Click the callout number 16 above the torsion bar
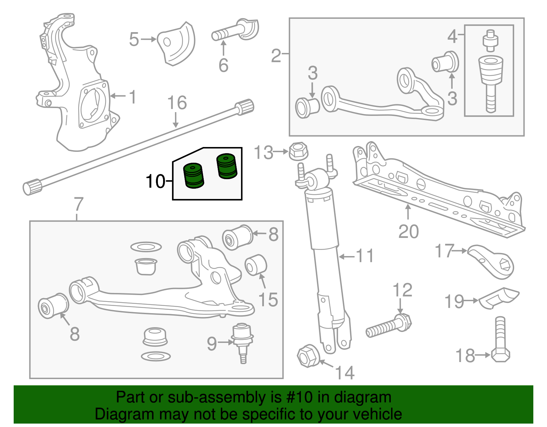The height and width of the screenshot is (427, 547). pos(177,103)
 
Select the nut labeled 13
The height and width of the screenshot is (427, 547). pos(298,151)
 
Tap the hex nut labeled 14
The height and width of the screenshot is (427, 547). pos(308,356)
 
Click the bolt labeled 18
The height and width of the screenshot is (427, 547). pos(500,342)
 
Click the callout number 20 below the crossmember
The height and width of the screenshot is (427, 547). pos(408,232)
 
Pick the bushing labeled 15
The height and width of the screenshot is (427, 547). pos(256,265)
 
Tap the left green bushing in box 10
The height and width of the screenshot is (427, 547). pos(194,176)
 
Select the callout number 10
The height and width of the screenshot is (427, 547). pos(155,181)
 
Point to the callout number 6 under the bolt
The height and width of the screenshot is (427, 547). pos(223,65)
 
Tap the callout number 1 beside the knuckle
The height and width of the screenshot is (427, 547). pos(133,97)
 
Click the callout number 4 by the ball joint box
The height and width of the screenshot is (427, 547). pos(452,36)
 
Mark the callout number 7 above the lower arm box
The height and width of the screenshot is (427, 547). pos(79,204)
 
